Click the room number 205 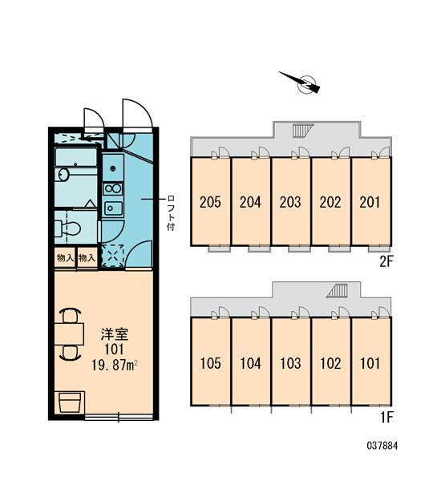[x=210, y=202]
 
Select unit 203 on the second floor [x=290, y=202]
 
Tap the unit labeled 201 [x=370, y=202]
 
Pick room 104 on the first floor [x=250, y=363]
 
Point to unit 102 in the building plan [x=330, y=363]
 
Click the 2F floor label [x=386, y=261]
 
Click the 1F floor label [x=386, y=417]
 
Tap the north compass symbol [x=304, y=83]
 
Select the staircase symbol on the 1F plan [x=337, y=290]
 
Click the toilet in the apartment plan [x=68, y=228]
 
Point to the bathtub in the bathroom [x=76, y=157]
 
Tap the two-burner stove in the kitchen [x=113, y=188]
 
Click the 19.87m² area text [x=114, y=366]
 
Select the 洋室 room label [x=115, y=334]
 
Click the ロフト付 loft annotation [x=171, y=212]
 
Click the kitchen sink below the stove [x=113, y=208]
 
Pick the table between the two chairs [x=69, y=334]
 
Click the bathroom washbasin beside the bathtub [x=63, y=175]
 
